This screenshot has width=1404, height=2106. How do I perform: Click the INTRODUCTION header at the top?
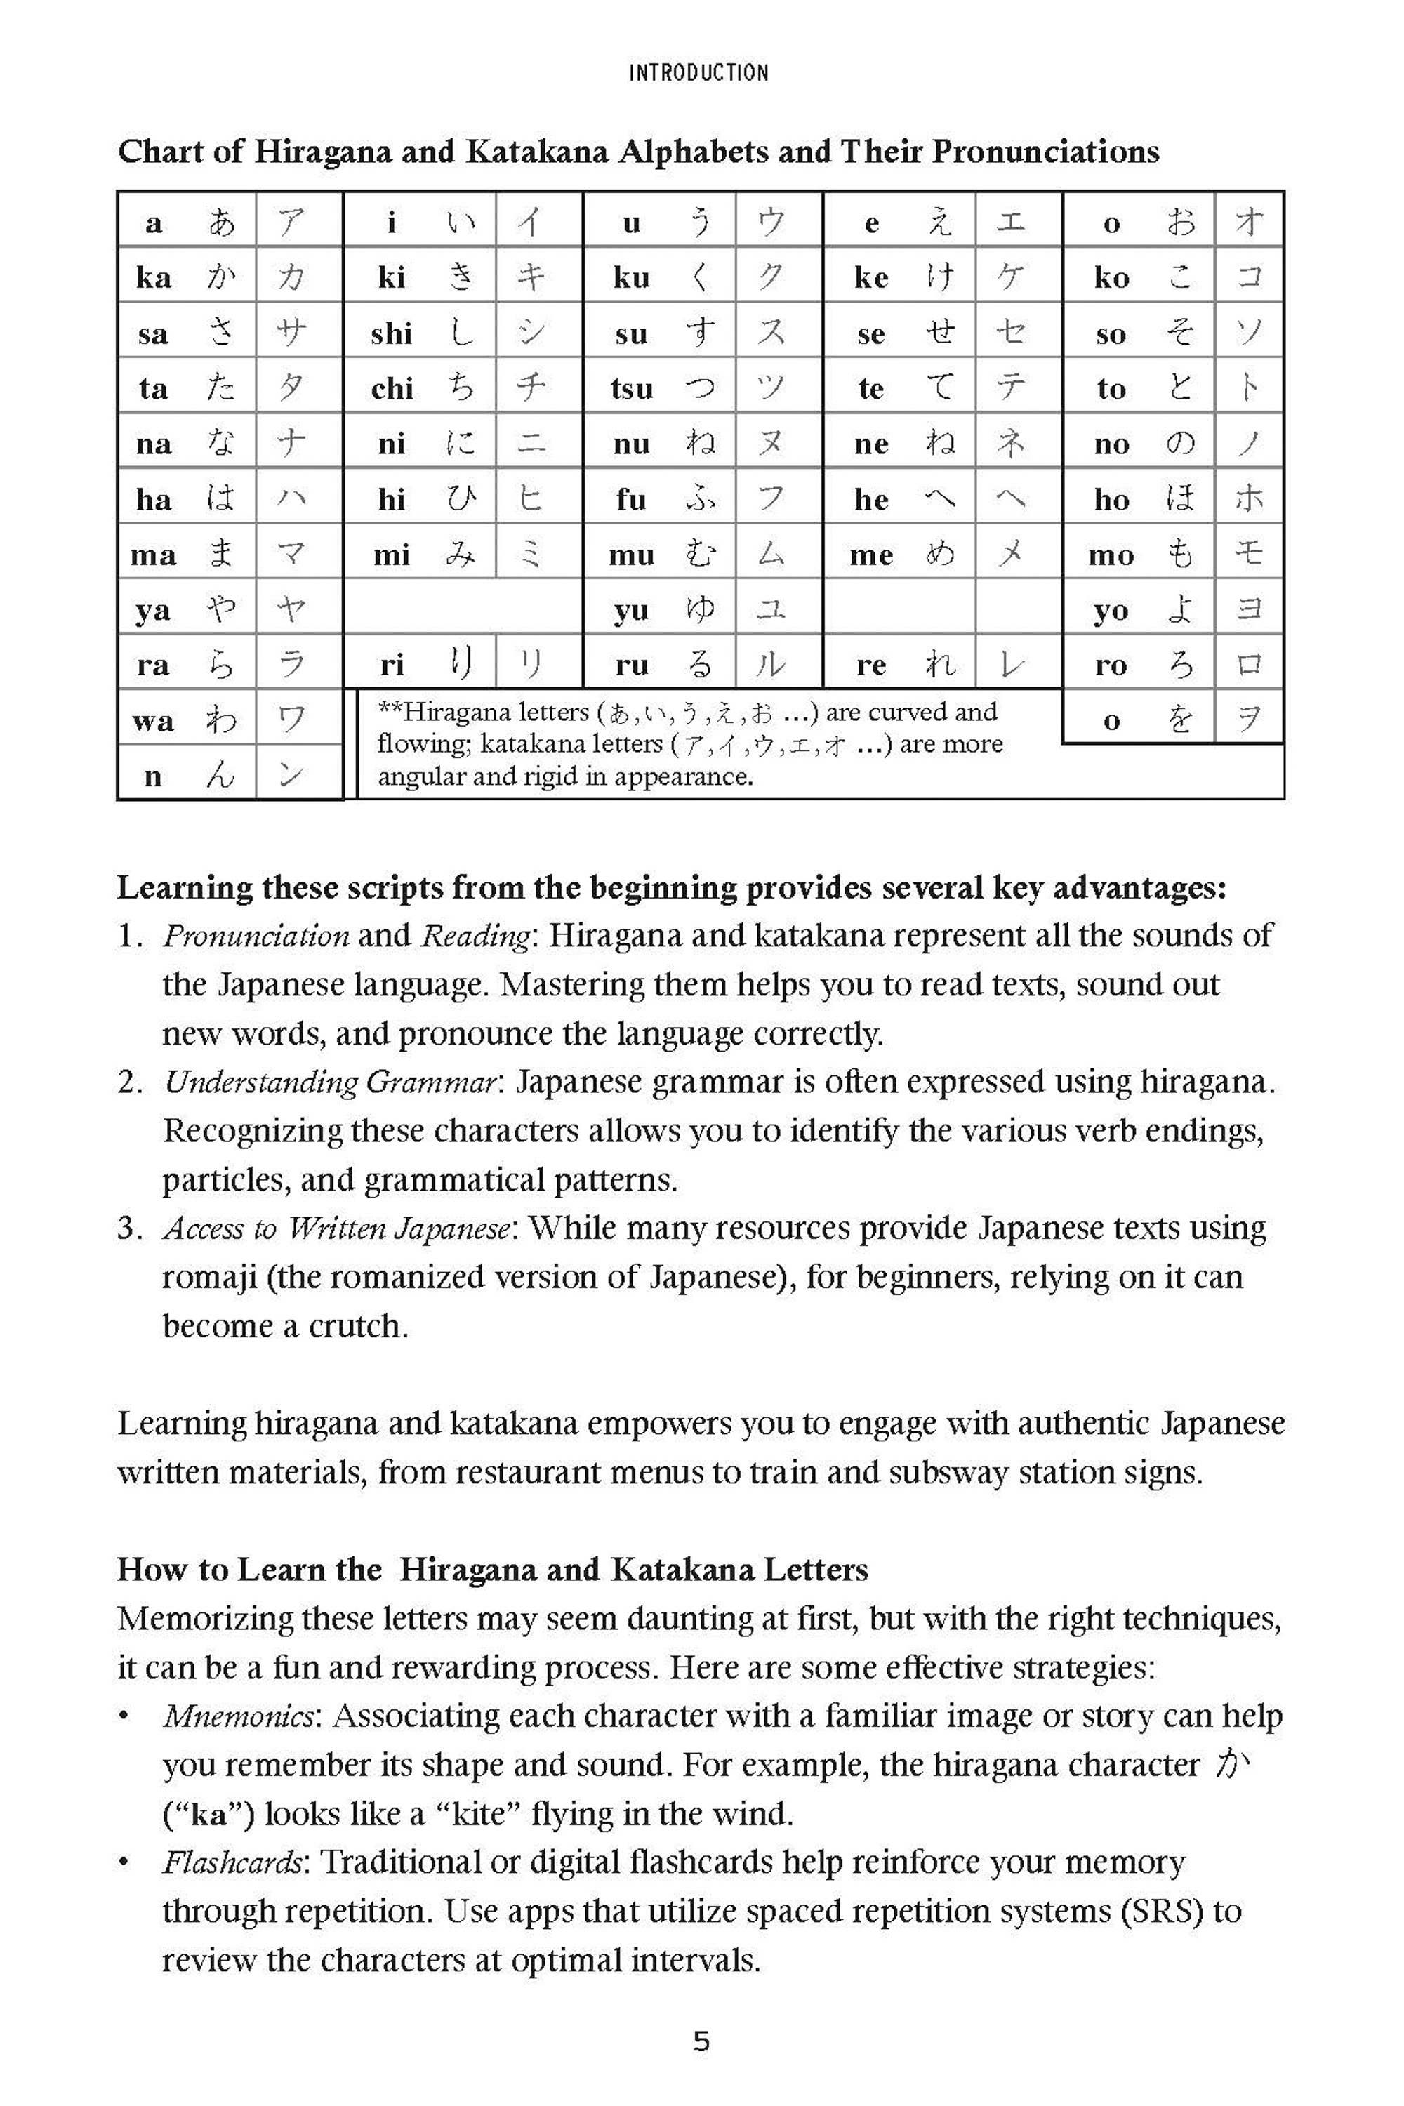(698, 72)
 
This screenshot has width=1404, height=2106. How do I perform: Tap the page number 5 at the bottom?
(701, 2041)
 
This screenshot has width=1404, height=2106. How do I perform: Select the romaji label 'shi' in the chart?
(391, 334)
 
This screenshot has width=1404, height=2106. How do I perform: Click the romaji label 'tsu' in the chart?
(631, 390)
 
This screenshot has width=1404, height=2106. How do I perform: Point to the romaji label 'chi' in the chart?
(391, 390)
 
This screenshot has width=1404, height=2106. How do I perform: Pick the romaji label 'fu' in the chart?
(630, 500)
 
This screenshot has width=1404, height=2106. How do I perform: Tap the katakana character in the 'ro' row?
(1249, 664)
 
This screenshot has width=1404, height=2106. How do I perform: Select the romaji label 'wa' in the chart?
(153, 721)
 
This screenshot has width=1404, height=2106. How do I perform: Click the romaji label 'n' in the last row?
(153, 776)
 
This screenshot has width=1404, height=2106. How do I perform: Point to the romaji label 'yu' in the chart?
(630, 611)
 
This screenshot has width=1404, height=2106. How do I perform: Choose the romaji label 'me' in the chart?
(870, 556)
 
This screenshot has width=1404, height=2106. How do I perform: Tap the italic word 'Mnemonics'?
(238, 1716)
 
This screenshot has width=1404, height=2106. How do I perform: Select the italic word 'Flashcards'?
(234, 1862)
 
